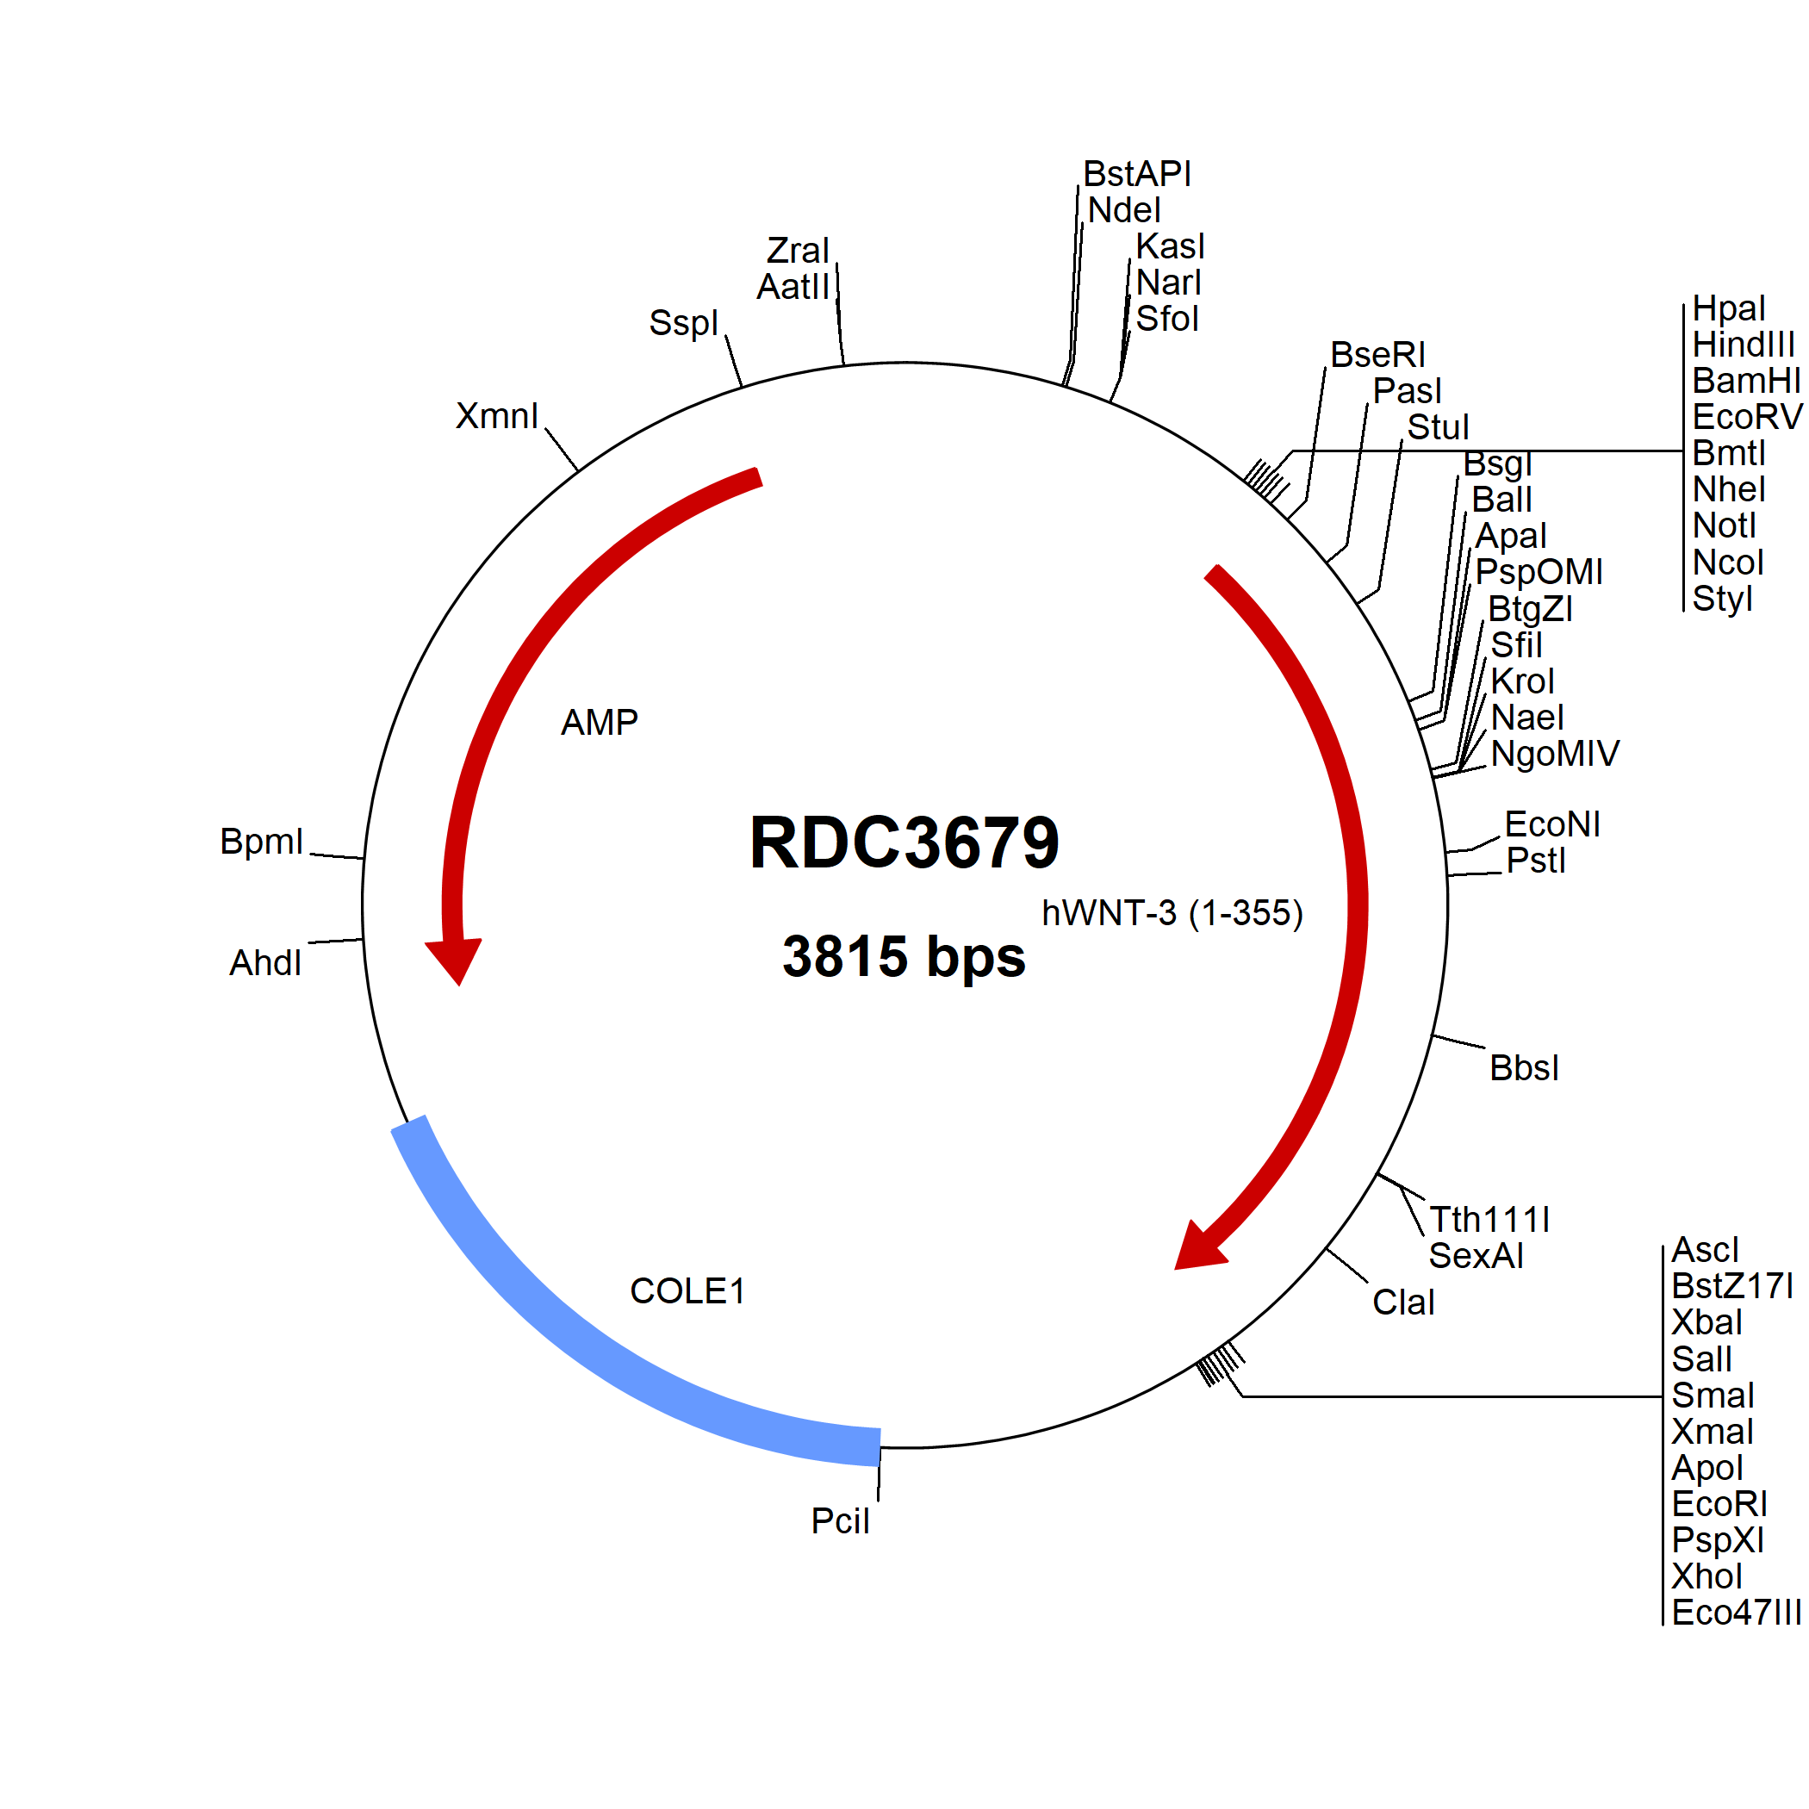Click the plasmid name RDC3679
pyautogui.click(x=904, y=842)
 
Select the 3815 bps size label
pyautogui.click(x=904, y=956)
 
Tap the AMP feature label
pyautogui.click(x=600, y=722)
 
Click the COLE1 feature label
pyautogui.click(x=687, y=1290)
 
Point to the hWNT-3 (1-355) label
pyautogui.click(x=1172, y=913)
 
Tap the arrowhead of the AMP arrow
pyautogui.click(x=455, y=960)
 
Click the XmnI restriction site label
pyautogui.click(x=497, y=416)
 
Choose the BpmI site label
pyautogui.click(x=261, y=842)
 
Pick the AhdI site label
pyautogui.click(x=266, y=962)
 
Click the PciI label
pyautogui.click(x=840, y=1521)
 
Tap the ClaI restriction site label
pyautogui.click(x=1403, y=1302)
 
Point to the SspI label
pyautogui.click(x=683, y=323)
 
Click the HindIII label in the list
pyautogui.click(x=1744, y=345)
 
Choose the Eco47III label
pyautogui.click(x=1736, y=1613)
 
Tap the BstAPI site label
pyautogui.click(x=1137, y=174)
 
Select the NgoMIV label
pyautogui.click(x=1555, y=754)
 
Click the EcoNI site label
pyautogui.click(x=1552, y=824)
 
